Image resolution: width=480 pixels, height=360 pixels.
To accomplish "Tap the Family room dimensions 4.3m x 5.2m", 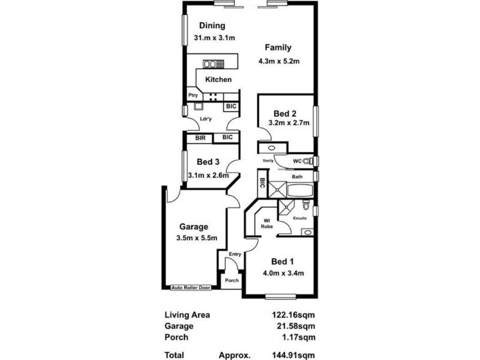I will (x=278, y=61).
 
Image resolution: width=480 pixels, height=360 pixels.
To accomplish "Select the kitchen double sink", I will (x=211, y=63).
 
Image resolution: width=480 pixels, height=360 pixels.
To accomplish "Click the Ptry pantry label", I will (x=193, y=95).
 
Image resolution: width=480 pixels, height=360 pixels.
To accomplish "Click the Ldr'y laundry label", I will (x=206, y=118).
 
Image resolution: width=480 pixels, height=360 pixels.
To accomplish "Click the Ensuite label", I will (x=299, y=218).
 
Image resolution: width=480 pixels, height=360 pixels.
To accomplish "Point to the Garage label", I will (x=194, y=227).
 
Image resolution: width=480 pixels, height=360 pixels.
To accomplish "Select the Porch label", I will (x=231, y=280).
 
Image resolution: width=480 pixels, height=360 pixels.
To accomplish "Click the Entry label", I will (x=235, y=254).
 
